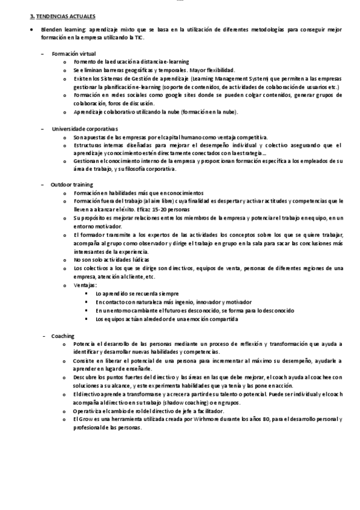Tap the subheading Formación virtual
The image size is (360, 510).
(x=74, y=54)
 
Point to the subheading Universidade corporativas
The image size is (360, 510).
(x=85, y=129)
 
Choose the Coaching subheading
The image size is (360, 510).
(x=63, y=335)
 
